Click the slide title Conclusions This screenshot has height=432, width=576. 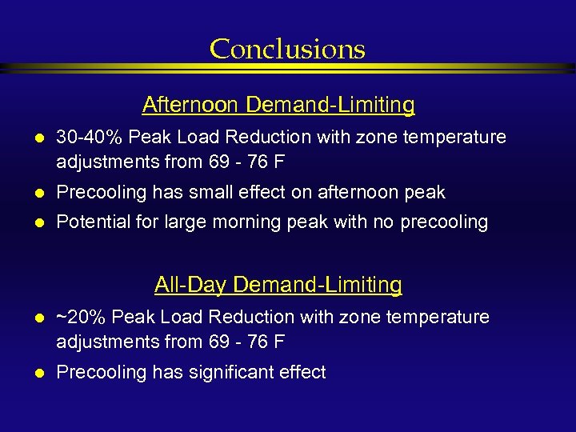(287, 50)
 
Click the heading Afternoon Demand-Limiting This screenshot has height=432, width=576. (278, 105)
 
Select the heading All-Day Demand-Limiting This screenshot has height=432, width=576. (278, 285)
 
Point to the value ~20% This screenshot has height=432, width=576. (82, 318)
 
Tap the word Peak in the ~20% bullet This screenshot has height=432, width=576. (133, 318)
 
